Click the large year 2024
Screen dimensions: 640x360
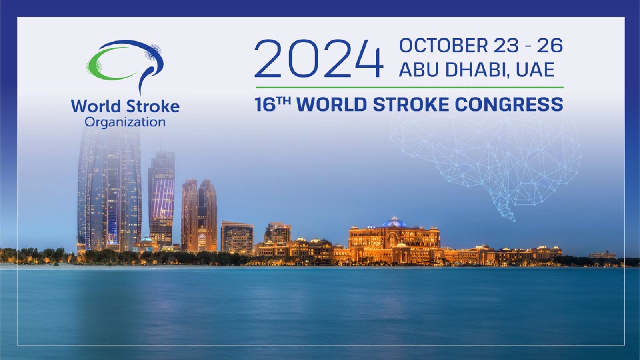(x=318, y=58)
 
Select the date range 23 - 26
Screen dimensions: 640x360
(x=528, y=46)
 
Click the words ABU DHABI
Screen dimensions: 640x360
(x=454, y=70)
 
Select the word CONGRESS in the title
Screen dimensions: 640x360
(x=509, y=104)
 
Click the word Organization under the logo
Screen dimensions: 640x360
(x=125, y=122)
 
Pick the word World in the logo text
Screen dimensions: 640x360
(x=96, y=106)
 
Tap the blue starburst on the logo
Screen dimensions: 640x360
(x=153, y=52)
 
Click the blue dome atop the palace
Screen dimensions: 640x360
(x=394, y=223)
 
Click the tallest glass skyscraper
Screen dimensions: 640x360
(x=110, y=188)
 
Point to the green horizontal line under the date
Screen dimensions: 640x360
(x=410, y=88)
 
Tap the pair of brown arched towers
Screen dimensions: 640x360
(x=199, y=215)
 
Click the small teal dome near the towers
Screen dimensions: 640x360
(x=147, y=238)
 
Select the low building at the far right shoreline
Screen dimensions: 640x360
(x=602, y=255)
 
